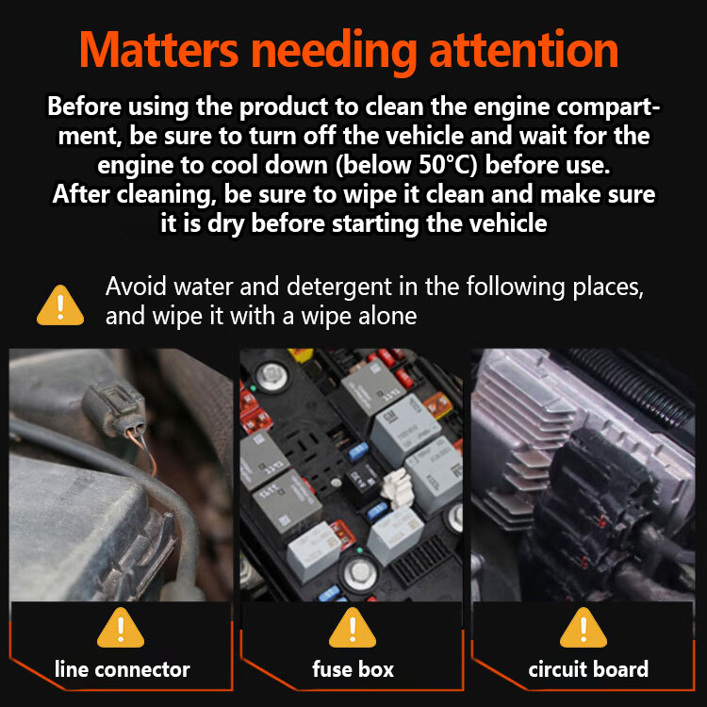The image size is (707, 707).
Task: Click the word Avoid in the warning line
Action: (x=136, y=287)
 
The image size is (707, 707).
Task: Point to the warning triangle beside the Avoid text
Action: (x=60, y=305)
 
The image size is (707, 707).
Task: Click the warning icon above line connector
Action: (x=121, y=628)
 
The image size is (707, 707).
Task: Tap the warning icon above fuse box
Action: (x=353, y=628)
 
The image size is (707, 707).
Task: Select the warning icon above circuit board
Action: (x=584, y=628)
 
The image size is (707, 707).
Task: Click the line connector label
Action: (x=123, y=669)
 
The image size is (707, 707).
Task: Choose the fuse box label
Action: (x=353, y=669)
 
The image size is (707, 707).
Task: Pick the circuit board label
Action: (x=588, y=669)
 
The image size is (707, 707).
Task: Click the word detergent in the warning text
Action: (x=339, y=288)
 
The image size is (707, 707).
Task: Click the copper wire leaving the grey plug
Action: (x=143, y=451)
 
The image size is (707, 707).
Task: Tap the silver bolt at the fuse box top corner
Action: (x=271, y=373)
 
